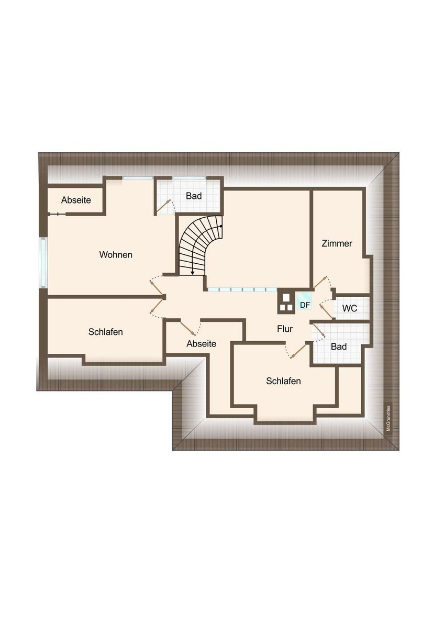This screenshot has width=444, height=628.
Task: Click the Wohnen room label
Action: pos(116,255)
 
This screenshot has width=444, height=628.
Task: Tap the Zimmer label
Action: pos(337,243)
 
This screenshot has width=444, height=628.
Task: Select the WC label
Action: pos(349,308)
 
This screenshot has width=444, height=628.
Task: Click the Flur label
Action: pos(285,329)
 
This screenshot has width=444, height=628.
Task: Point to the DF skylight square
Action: pos(305,301)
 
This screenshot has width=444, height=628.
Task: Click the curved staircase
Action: pos(199,245)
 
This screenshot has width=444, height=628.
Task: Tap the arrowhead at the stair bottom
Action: pos(192,272)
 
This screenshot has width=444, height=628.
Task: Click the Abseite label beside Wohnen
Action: pos(76,200)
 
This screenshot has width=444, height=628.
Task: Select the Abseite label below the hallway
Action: pos(202,344)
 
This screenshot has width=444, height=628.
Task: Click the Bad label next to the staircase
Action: pos(194,196)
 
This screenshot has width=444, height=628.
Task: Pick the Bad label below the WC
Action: pos(339,346)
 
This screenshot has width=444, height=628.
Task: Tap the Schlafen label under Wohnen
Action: pos(105,332)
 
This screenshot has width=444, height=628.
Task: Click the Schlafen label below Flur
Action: pos(283,381)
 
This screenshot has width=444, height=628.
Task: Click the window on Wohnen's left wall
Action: pos(43,262)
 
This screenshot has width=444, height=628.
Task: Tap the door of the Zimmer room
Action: pos(320,282)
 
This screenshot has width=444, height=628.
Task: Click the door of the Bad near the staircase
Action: pos(163,206)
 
